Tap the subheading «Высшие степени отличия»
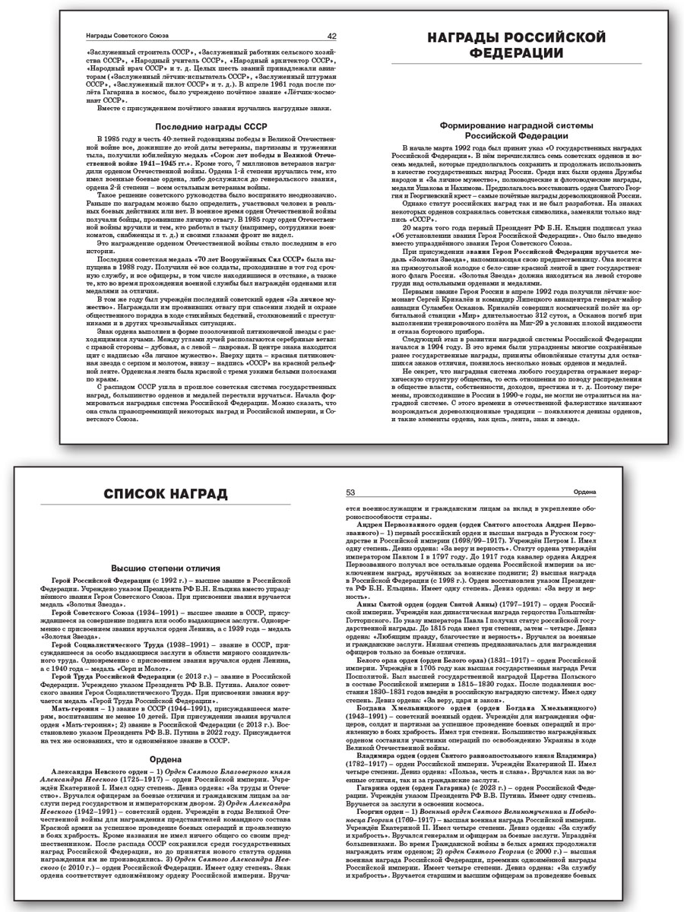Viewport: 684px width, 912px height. [166, 567]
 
